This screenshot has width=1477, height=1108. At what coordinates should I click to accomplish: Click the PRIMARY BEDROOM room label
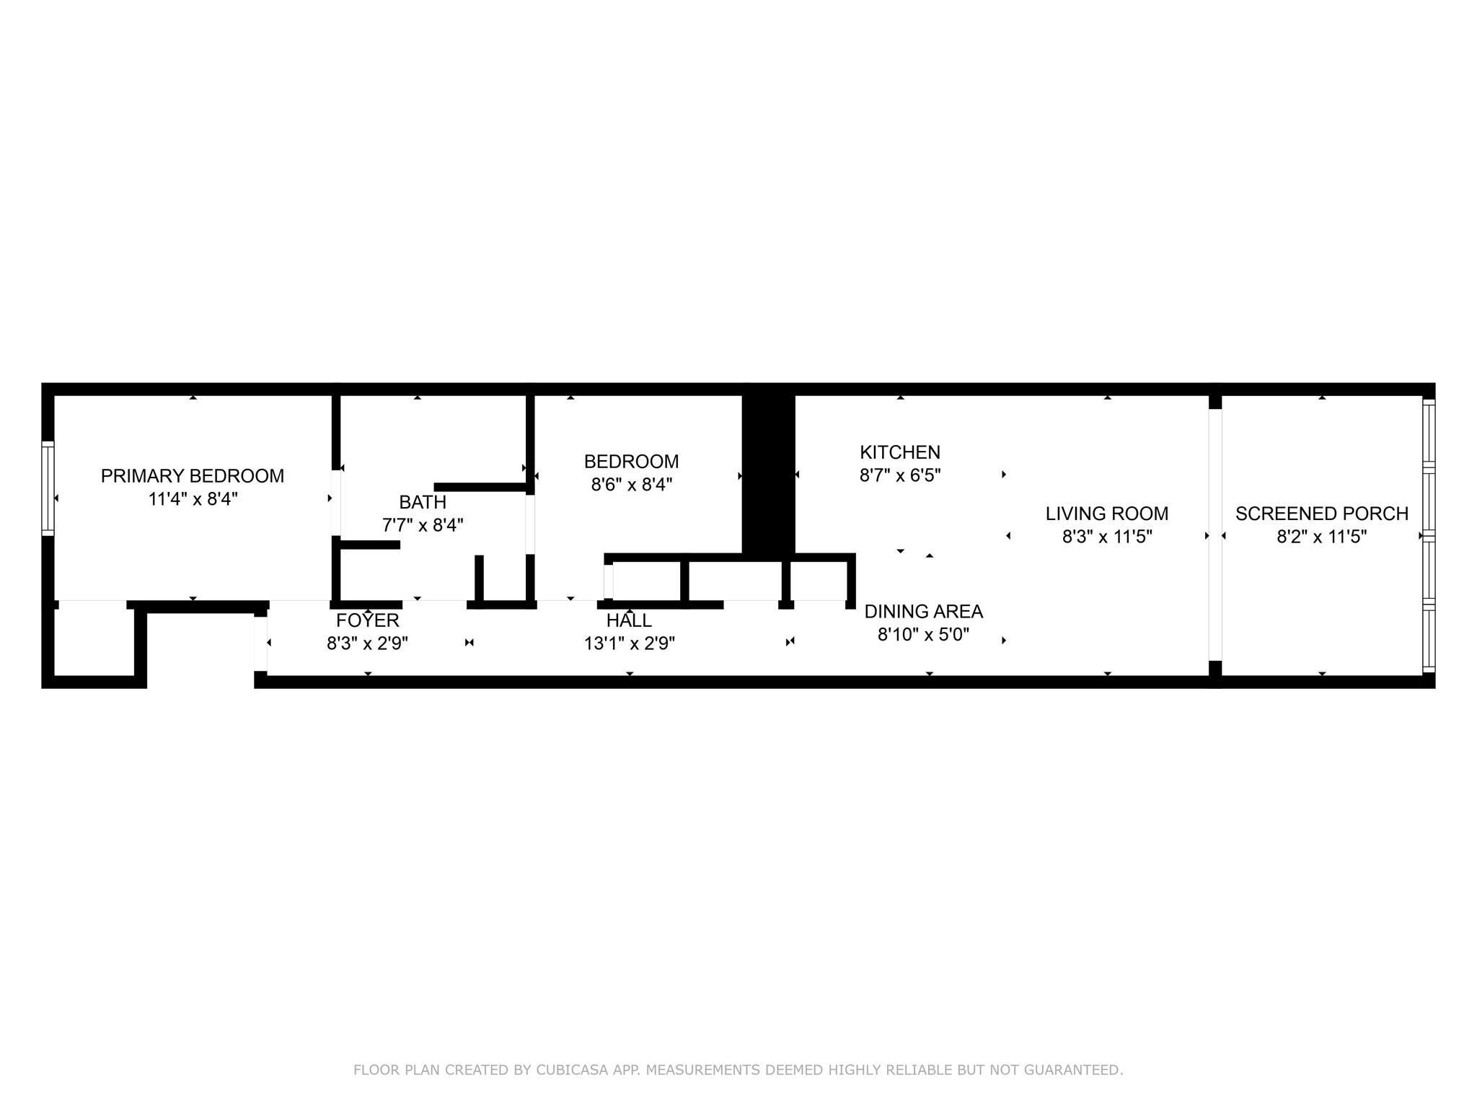[193, 476]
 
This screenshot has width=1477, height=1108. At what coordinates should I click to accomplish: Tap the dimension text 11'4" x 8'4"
[193, 499]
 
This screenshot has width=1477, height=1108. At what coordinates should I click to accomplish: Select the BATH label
[423, 502]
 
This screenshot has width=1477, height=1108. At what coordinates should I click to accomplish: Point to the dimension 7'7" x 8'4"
[423, 525]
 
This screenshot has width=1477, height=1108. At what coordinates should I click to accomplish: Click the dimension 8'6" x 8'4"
[632, 485]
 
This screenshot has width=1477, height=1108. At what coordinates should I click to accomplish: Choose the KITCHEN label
[900, 452]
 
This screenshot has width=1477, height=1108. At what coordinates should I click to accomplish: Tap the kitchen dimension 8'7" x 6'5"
[900, 475]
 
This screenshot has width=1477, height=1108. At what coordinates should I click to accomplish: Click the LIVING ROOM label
[1107, 514]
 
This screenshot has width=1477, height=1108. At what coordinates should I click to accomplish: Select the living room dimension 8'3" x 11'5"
[1107, 537]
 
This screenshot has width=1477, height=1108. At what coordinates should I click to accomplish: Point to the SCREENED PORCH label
[1322, 514]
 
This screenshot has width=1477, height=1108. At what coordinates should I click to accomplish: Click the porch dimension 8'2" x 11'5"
[1322, 537]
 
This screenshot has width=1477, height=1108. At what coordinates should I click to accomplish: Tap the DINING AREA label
[924, 612]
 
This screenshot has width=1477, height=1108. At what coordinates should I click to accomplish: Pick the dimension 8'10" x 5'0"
[924, 635]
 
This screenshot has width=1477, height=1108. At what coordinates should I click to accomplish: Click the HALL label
[629, 620]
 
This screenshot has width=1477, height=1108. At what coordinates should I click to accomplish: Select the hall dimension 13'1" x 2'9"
[630, 643]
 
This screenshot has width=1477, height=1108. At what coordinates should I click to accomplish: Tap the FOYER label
[368, 620]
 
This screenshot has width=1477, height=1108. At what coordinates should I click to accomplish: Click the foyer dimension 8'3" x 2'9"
[368, 643]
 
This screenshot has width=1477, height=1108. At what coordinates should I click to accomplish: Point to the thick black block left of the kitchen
[769, 473]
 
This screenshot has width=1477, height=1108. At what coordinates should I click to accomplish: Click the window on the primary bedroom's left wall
[48, 488]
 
